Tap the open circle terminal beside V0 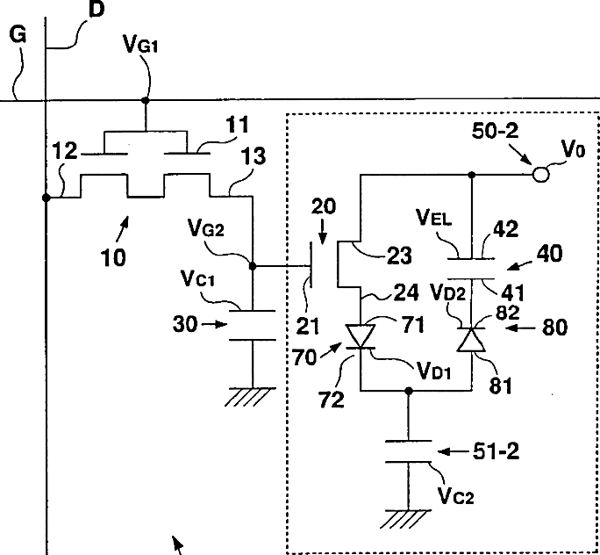541,176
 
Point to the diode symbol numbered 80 474,338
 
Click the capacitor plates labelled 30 252,317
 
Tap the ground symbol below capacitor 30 252,397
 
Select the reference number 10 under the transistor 112,257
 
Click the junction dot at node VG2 252,264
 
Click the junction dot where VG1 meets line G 146,100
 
